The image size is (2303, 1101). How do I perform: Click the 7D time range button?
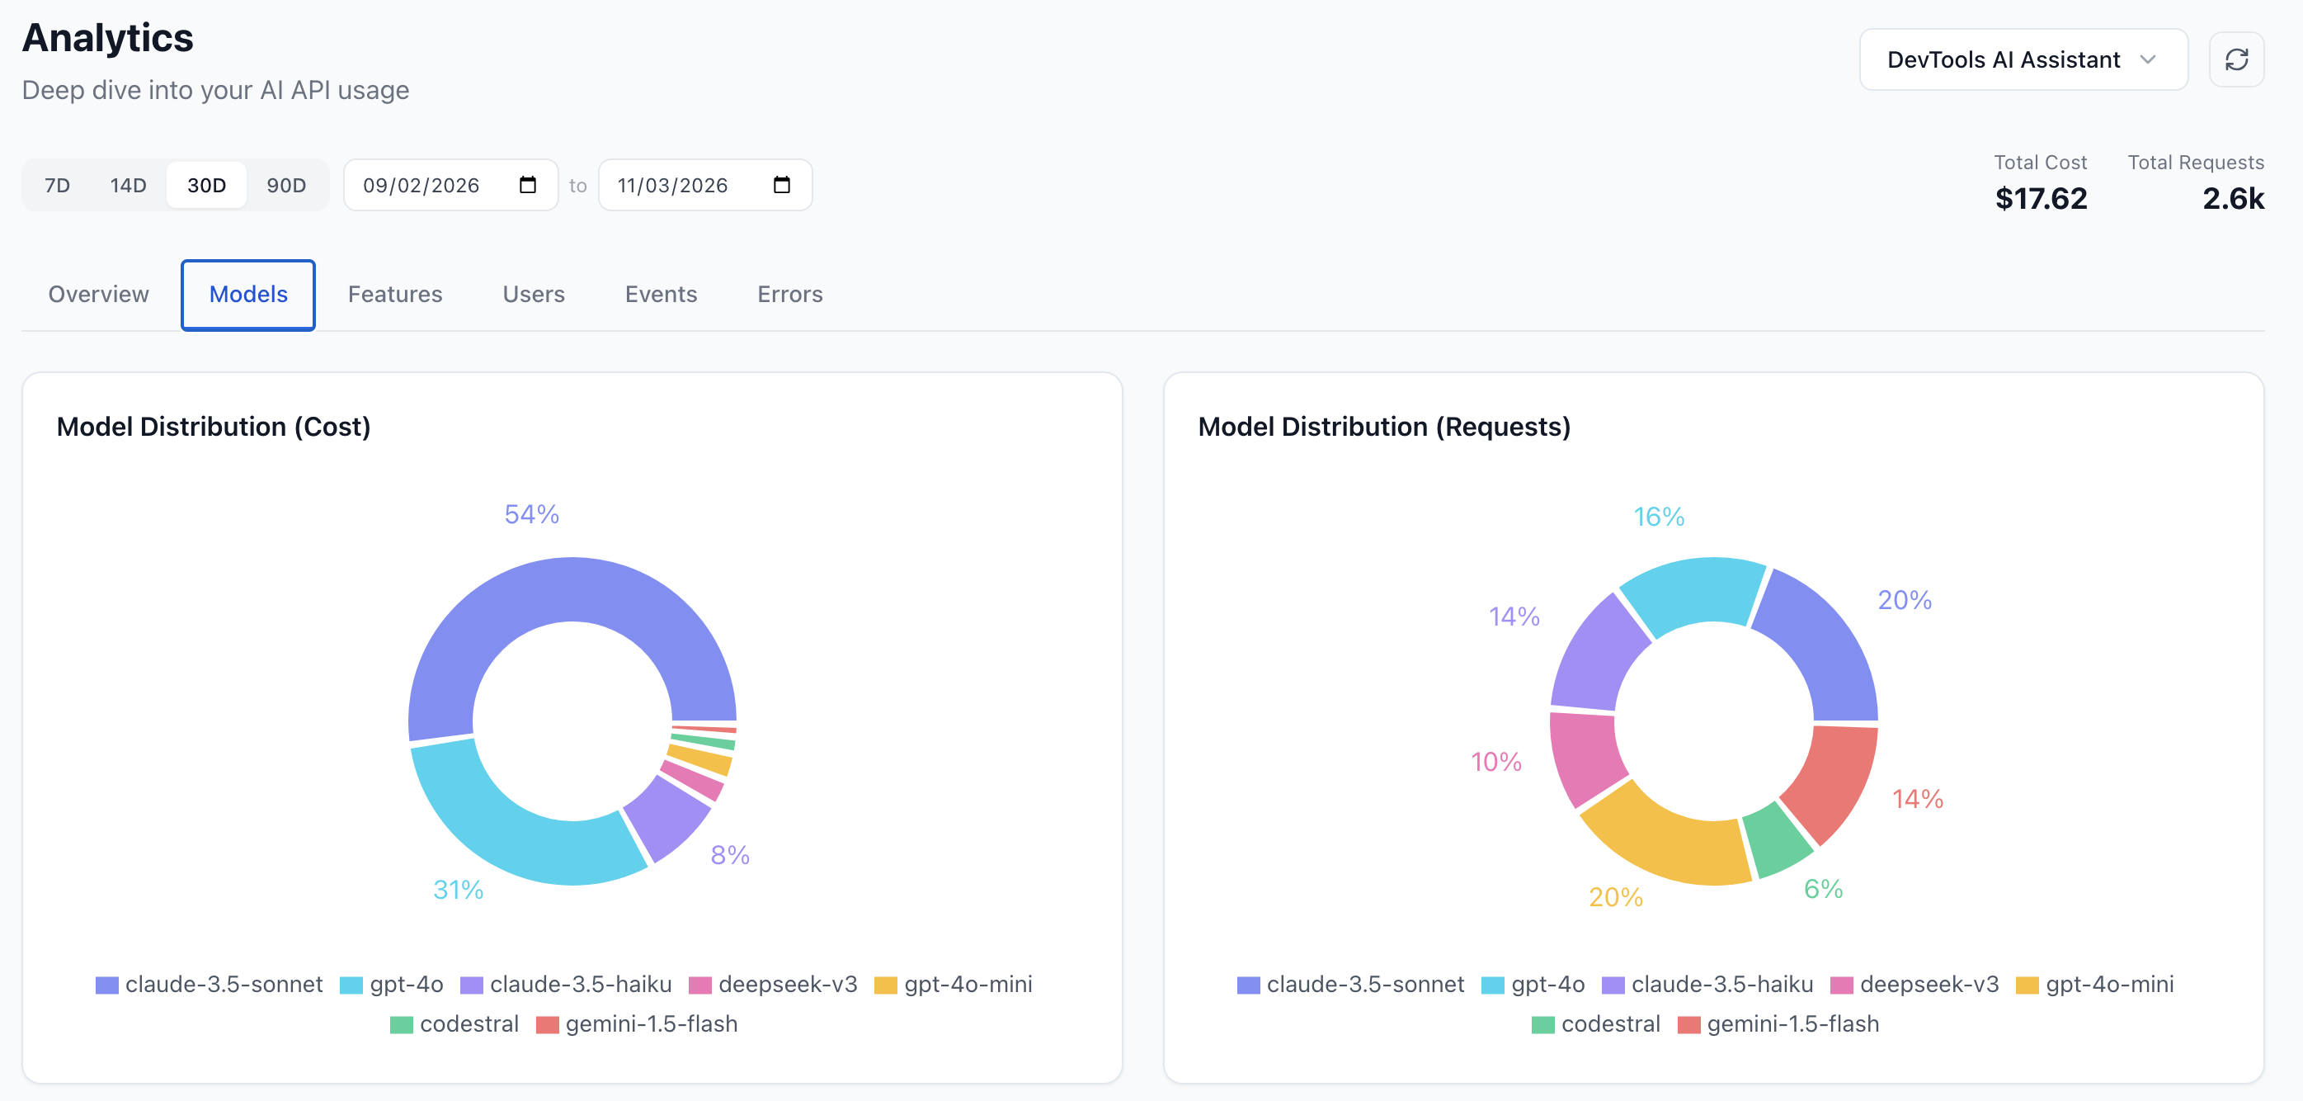pos(57,185)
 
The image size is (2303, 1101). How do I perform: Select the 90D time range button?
pos(286,185)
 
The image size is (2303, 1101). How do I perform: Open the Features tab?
pos(394,295)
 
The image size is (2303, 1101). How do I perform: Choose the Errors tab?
pos(789,295)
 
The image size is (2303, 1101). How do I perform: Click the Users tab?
pos(533,295)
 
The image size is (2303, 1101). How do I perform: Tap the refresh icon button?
pos(2236,60)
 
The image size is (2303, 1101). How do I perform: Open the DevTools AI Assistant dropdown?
pos(2023,60)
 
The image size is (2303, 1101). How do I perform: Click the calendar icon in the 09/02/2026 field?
pos(527,185)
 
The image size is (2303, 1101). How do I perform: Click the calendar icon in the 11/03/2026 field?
pos(781,185)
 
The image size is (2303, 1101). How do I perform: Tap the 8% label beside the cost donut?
pos(729,855)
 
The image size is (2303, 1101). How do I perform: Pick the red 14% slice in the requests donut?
pos(1833,778)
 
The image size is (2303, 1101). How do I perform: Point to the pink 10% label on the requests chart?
pos(1495,762)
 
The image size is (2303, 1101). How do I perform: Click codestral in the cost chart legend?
pos(469,1024)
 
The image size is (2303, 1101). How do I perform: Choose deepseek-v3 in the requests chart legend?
pos(1929,985)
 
